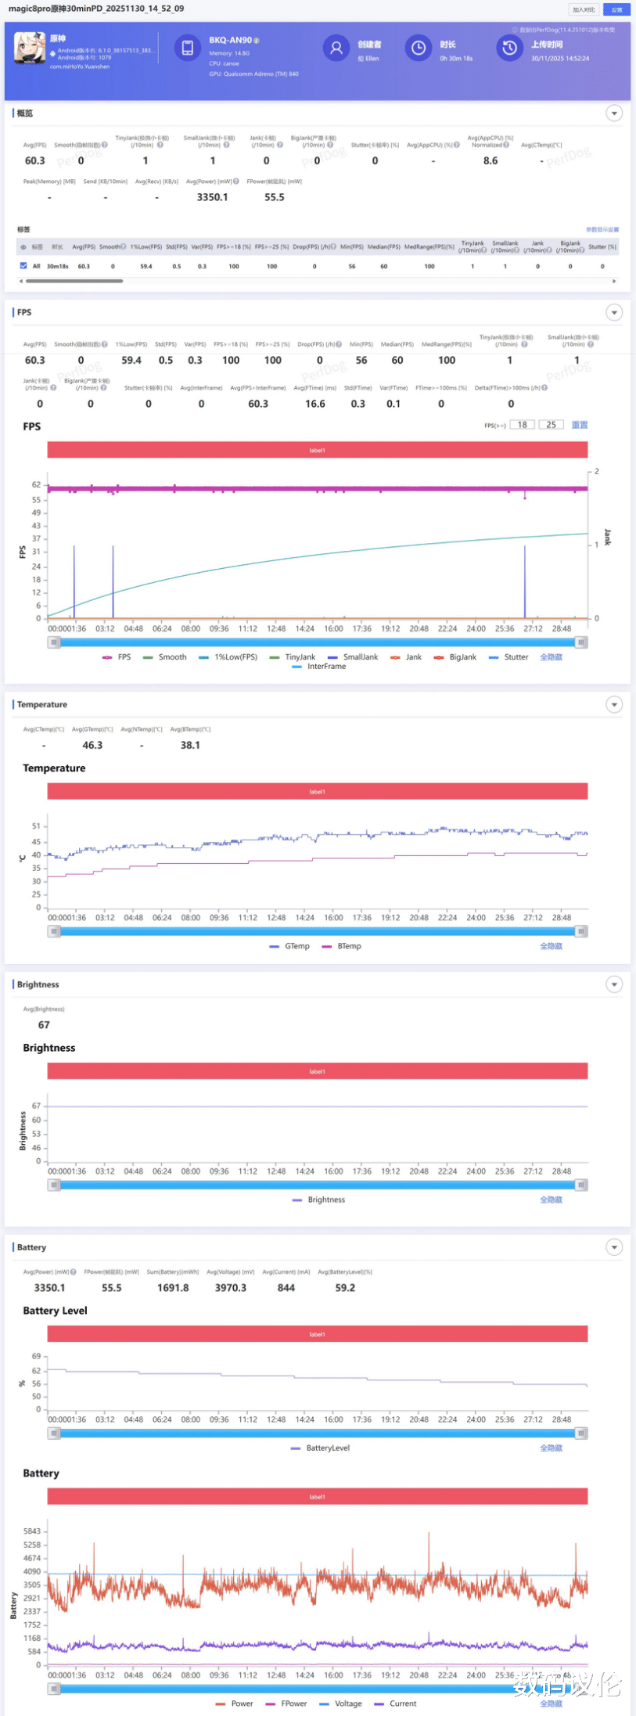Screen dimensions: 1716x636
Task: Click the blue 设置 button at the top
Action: click(x=616, y=9)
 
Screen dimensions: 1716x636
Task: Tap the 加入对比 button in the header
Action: click(x=584, y=9)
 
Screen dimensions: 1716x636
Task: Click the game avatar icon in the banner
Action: click(x=30, y=49)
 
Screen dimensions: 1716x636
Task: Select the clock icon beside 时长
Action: click(x=419, y=49)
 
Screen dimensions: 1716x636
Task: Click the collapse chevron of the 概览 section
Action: click(x=615, y=113)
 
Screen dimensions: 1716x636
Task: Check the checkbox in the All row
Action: click(x=23, y=266)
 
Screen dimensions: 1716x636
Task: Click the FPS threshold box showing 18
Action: click(x=522, y=425)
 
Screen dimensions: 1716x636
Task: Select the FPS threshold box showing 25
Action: click(x=551, y=425)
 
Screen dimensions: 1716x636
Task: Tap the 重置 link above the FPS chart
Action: click(x=579, y=425)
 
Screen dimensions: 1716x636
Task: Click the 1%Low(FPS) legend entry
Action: click(x=228, y=657)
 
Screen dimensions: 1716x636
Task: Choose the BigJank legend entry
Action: click(x=455, y=657)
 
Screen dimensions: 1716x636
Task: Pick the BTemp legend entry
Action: click(x=342, y=946)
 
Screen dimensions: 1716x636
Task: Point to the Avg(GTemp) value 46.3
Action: click(x=92, y=745)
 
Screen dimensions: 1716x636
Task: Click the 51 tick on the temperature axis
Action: click(x=36, y=826)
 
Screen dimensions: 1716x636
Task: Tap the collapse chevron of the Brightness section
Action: click(x=615, y=984)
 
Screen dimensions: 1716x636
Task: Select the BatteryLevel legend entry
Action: click(x=320, y=1448)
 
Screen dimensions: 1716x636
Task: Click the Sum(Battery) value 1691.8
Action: click(x=173, y=1288)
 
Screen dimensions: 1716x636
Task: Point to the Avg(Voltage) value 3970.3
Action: click(x=230, y=1288)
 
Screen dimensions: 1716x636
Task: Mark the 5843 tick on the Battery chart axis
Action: click(x=32, y=1531)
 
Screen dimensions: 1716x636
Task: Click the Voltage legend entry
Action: click(x=341, y=1703)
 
